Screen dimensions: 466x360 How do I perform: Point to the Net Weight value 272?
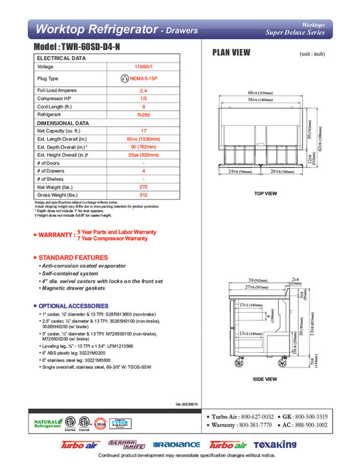(143, 187)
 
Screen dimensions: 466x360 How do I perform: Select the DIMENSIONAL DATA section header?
(63, 123)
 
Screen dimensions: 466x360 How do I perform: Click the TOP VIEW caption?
(266, 194)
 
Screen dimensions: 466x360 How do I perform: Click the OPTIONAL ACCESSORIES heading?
(75, 305)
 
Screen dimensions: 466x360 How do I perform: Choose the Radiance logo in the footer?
(176, 444)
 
